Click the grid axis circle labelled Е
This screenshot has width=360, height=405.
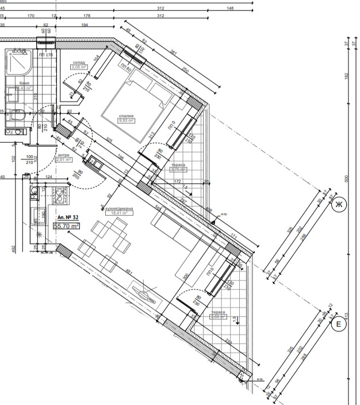(x=339, y=326)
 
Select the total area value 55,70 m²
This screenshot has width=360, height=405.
(x=66, y=226)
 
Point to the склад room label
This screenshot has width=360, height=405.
(x=79, y=62)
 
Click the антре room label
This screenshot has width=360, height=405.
(x=63, y=155)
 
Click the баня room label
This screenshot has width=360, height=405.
(x=24, y=83)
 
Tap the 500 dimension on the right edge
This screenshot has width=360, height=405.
(x=346, y=178)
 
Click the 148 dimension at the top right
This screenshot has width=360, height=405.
(x=230, y=9)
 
